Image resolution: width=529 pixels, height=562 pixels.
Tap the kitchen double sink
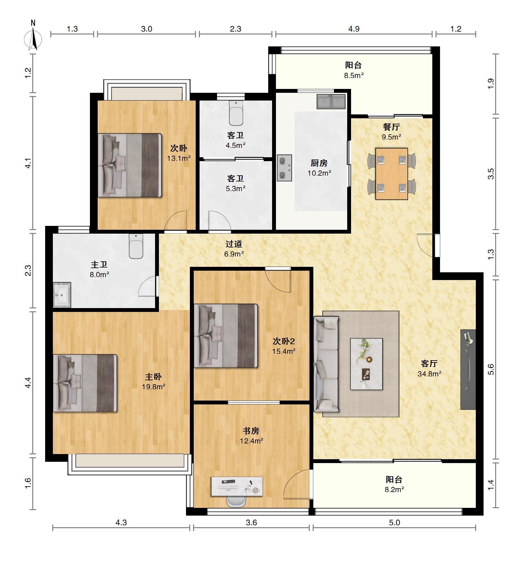click(331, 102)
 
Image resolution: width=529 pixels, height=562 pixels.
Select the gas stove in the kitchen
click(284, 168)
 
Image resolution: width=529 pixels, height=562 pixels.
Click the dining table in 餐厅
click(392, 174)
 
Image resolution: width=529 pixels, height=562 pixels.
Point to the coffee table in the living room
click(367, 364)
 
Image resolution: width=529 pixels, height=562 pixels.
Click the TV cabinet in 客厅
click(468, 369)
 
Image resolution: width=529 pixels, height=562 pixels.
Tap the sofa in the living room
click(326, 364)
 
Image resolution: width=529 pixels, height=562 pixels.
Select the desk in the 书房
click(237, 487)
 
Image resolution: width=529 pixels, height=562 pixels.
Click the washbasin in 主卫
click(62, 295)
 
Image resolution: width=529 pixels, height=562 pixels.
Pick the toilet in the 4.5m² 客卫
click(236, 113)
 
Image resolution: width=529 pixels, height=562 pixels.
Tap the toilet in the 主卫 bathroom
click(136, 246)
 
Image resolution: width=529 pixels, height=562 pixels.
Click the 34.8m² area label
click(429, 374)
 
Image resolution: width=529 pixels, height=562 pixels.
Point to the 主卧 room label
click(153, 376)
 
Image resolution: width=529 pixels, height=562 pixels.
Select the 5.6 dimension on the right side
click(491, 369)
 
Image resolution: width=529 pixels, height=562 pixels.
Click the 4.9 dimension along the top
click(354, 29)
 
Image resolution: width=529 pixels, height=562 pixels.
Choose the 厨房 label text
click(319, 163)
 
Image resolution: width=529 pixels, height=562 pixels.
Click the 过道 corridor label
click(234, 244)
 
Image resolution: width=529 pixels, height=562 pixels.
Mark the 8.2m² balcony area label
click(394, 489)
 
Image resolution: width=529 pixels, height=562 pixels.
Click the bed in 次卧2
click(226, 335)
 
